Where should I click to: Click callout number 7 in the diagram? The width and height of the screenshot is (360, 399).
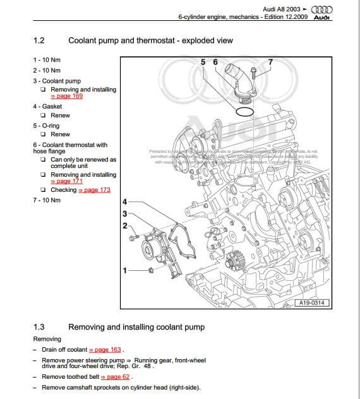[x=270, y=62]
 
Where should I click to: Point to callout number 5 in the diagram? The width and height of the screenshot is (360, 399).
[x=203, y=62]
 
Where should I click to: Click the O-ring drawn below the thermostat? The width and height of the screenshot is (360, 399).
[x=243, y=112]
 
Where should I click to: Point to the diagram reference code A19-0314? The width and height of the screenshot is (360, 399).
[x=313, y=304]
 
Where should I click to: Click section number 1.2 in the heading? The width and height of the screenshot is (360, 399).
[x=38, y=40]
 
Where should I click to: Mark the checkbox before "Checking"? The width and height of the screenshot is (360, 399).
[x=43, y=190]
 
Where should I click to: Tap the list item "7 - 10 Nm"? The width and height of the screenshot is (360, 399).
[x=47, y=200]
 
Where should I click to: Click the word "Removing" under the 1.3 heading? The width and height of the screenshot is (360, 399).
[x=47, y=339]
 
